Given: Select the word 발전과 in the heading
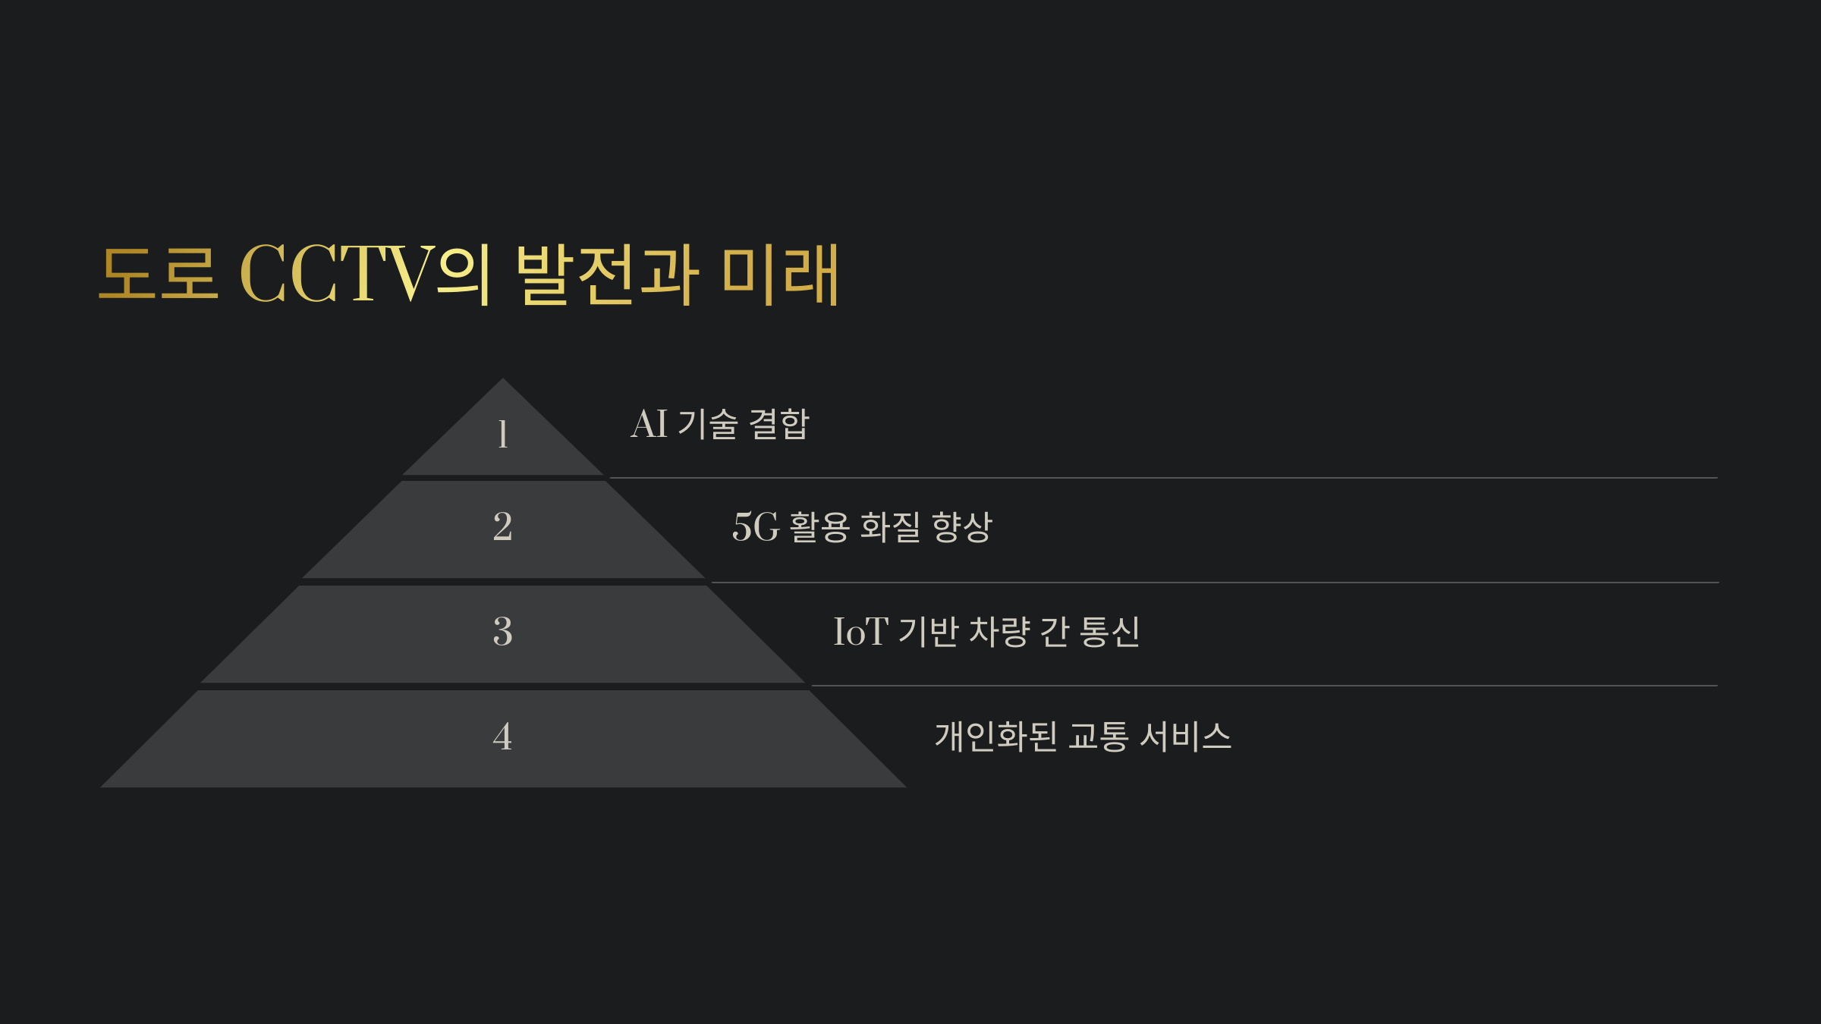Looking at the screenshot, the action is (x=606, y=275).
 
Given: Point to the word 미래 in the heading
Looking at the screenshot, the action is (x=780, y=275).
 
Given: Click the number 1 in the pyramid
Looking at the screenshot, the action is (x=502, y=435).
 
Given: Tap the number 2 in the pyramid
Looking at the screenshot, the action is (x=502, y=526).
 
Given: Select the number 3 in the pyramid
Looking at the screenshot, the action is (x=502, y=631).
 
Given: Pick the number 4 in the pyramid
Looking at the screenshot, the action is (x=502, y=737).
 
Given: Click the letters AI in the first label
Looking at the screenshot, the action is (x=649, y=424).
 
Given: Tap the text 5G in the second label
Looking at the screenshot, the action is (x=756, y=527).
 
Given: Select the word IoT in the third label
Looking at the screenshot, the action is (x=860, y=632).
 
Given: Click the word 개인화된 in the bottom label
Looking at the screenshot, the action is (x=995, y=737).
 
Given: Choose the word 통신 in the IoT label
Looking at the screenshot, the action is (x=1109, y=632).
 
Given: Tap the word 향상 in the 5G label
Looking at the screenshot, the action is (x=961, y=527).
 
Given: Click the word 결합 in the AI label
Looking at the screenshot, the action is (x=779, y=424).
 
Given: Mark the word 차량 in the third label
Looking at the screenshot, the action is (x=1000, y=632).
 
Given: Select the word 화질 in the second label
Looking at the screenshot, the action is (x=890, y=527).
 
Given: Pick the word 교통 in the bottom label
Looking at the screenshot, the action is (x=1098, y=737).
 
